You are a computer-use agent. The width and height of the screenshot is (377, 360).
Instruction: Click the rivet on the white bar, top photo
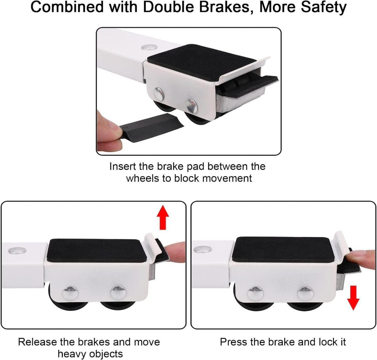[150, 47]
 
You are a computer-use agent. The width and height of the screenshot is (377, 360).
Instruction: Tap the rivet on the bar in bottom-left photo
[18, 250]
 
